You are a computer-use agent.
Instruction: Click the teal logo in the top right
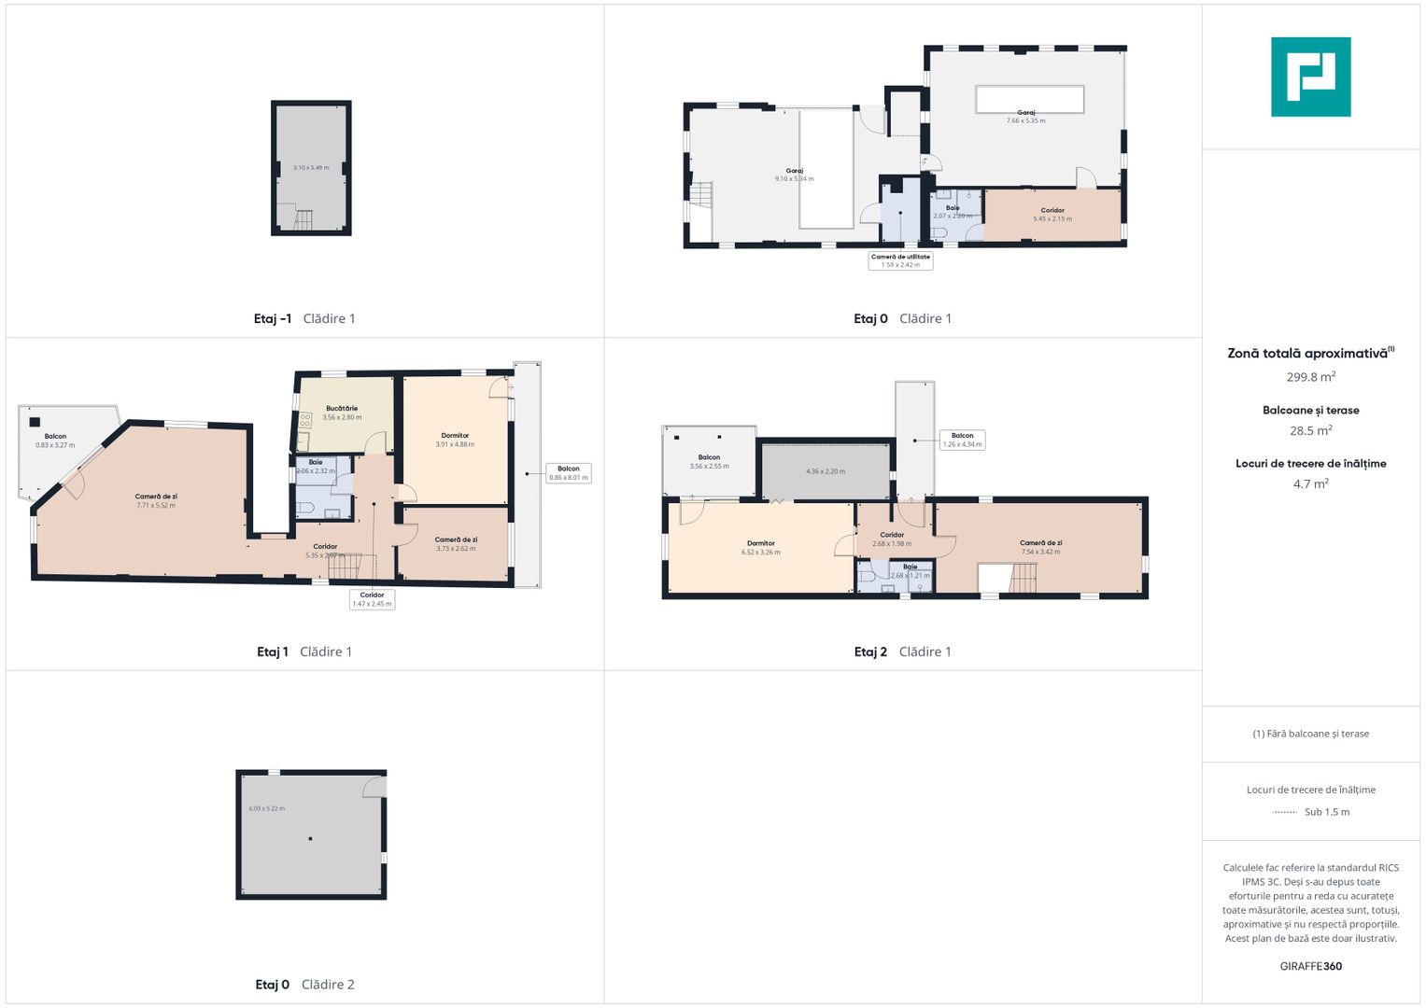click(1310, 77)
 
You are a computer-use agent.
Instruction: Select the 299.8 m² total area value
click(1310, 377)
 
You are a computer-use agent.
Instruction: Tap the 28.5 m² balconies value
click(1310, 430)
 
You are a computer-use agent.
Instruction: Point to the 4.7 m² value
click(1310, 483)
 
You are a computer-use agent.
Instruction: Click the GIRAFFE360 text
click(1310, 966)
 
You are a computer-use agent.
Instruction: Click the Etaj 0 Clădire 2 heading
click(304, 984)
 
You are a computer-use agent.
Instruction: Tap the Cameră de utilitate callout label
click(900, 260)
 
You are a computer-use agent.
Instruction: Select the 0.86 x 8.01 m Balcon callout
click(569, 473)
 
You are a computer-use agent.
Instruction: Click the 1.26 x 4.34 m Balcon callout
click(962, 440)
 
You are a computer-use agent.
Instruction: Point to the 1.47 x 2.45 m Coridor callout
click(372, 599)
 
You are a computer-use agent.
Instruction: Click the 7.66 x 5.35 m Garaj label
click(1025, 117)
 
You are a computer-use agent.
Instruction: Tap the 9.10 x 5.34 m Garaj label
click(794, 175)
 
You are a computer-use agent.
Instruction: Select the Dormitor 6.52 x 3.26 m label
click(760, 548)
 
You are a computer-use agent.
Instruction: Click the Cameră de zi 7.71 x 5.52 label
click(155, 501)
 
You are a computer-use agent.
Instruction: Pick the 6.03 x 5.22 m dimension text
click(266, 808)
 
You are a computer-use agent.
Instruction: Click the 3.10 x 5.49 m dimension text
click(311, 168)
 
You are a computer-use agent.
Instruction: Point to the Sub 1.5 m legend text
click(1326, 812)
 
